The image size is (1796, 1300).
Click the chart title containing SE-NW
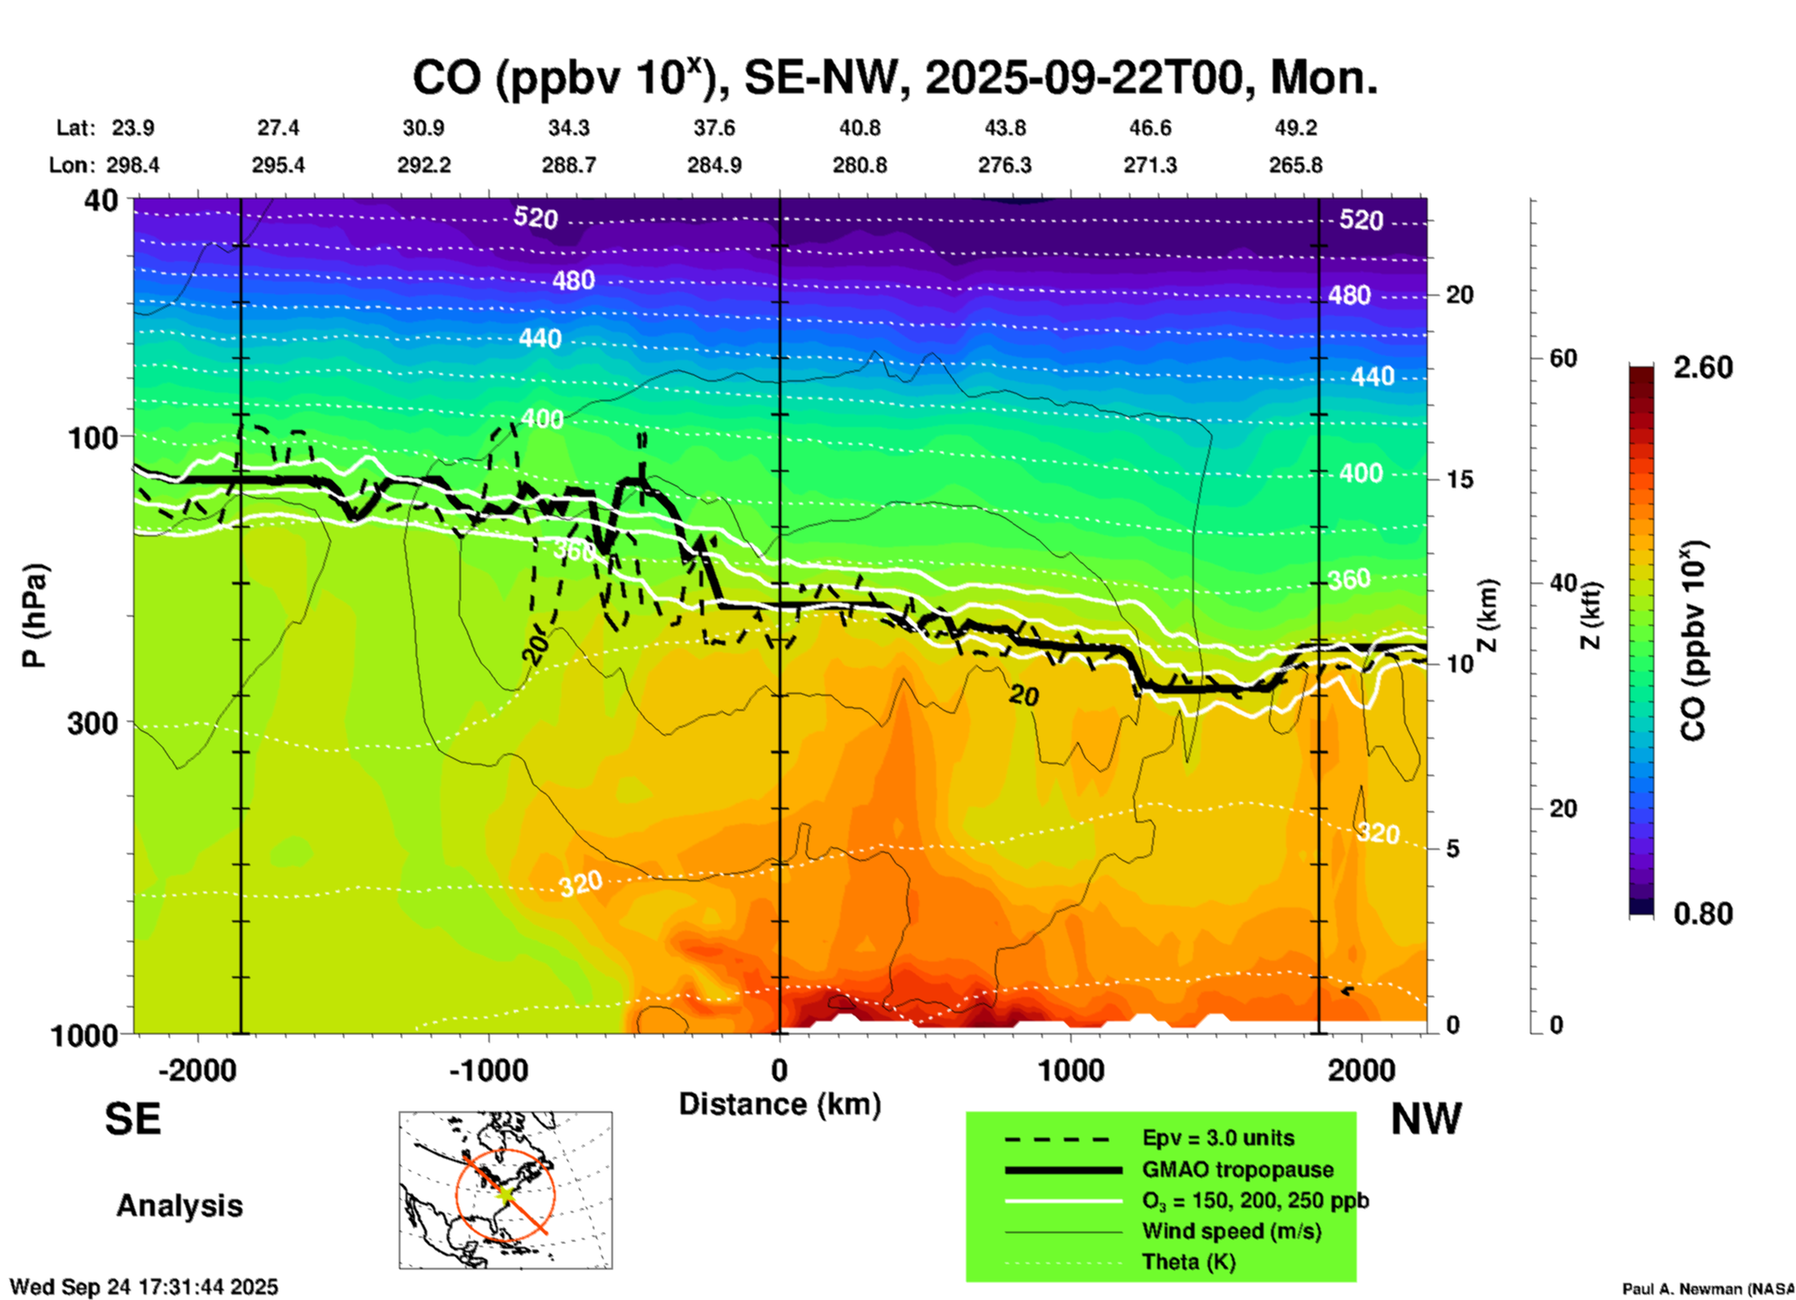pos(894,77)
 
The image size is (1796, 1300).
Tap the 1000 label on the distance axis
pos(1071,1070)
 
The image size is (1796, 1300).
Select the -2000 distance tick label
pos(197,1070)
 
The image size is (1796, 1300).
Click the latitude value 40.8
pos(859,128)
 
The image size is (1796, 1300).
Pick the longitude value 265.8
pos(1295,165)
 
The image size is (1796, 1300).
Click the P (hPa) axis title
pos(35,615)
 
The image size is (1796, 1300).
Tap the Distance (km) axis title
pos(780,1104)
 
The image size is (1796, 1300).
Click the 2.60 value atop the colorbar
pos(1703,367)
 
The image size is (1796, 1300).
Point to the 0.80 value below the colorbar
pos(1703,914)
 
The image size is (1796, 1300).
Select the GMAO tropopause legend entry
pos(1237,1169)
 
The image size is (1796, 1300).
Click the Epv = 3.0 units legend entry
pos(1218,1138)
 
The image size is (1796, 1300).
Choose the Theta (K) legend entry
pos(1188,1262)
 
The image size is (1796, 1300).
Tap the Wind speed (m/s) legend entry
pos(1231,1231)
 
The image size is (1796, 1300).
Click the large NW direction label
pos(1426,1119)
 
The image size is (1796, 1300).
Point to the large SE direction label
pos(132,1119)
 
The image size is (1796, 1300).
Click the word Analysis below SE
pos(179,1205)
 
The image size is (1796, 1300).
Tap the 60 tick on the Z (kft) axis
pos(1563,358)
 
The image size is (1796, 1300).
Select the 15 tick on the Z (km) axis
pos(1459,479)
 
